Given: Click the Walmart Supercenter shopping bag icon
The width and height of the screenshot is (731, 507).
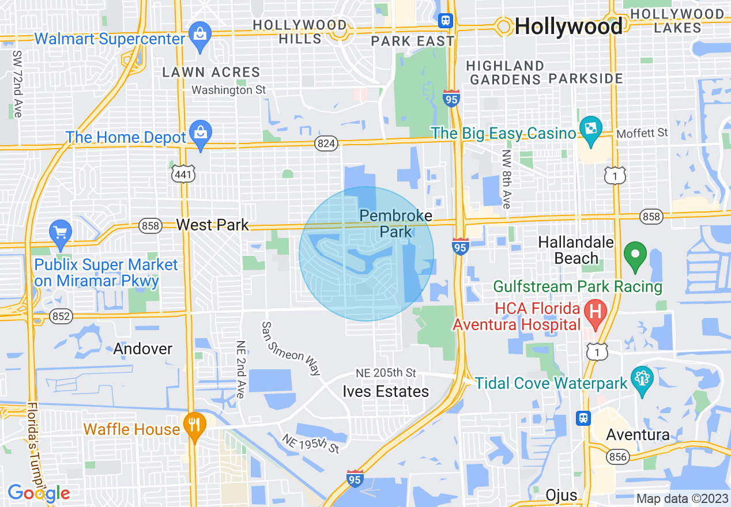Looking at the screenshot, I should [200, 34].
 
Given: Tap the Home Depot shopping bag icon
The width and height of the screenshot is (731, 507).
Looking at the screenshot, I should [200, 133].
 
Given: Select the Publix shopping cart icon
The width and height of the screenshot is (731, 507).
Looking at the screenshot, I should [61, 232].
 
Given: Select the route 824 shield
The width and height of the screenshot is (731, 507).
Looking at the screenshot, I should [326, 143].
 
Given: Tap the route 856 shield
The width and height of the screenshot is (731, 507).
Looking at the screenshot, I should [618, 457].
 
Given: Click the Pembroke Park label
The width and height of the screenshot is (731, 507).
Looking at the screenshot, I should [395, 224].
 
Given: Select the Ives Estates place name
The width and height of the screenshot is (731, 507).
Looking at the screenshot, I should [386, 392].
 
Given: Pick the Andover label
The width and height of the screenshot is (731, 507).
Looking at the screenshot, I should [143, 349].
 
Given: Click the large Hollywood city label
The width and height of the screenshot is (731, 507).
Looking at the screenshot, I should [568, 26].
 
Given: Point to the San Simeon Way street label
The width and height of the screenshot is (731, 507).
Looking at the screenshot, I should [291, 348].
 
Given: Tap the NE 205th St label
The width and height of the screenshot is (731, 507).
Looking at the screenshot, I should [386, 373].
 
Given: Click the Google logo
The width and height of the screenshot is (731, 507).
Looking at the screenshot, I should [39, 493].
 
